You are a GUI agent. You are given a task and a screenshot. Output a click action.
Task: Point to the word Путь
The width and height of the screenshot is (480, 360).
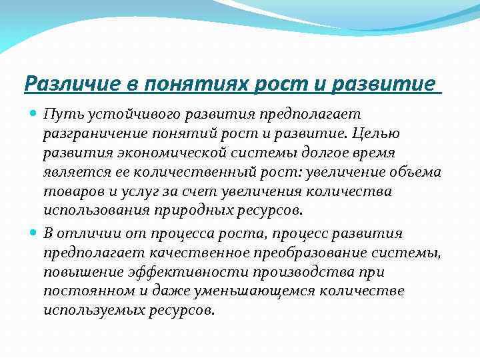(60, 115)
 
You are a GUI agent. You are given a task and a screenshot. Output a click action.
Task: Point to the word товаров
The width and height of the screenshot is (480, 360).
(69, 192)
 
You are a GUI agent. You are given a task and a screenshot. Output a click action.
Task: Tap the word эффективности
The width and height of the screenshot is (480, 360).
(165, 272)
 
